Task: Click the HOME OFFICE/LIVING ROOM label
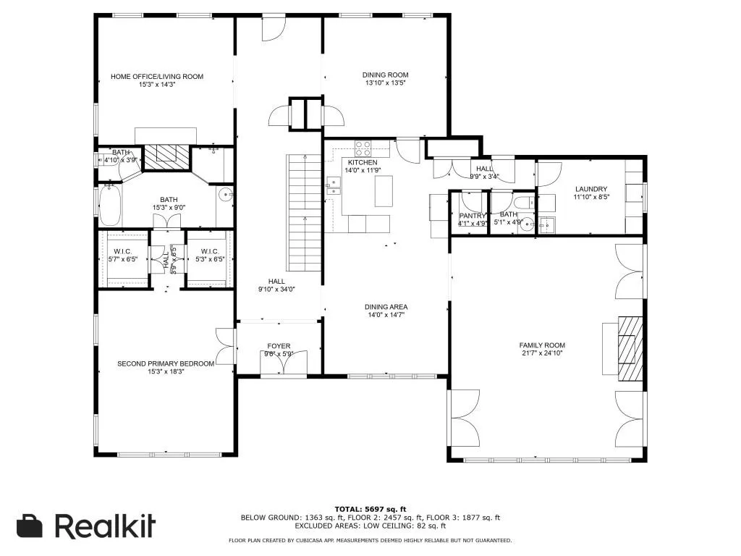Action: pyautogui.click(x=156, y=76)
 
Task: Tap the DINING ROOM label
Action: pyautogui.click(x=385, y=75)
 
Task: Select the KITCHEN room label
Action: pyautogui.click(x=363, y=162)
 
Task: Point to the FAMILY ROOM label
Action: pyautogui.click(x=541, y=345)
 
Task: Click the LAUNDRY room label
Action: pyautogui.click(x=590, y=189)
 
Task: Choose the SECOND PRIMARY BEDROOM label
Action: pyautogui.click(x=166, y=363)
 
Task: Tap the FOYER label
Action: pyautogui.click(x=279, y=346)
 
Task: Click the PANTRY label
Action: pyautogui.click(x=473, y=215)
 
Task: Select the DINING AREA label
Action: pyautogui.click(x=385, y=307)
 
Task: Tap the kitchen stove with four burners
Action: pyautogui.click(x=363, y=148)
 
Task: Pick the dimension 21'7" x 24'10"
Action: pyautogui.click(x=541, y=354)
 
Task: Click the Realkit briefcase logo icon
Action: pyautogui.click(x=30, y=526)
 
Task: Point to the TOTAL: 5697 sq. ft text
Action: pyautogui.click(x=370, y=509)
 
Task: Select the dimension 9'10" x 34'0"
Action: pyautogui.click(x=276, y=290)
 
